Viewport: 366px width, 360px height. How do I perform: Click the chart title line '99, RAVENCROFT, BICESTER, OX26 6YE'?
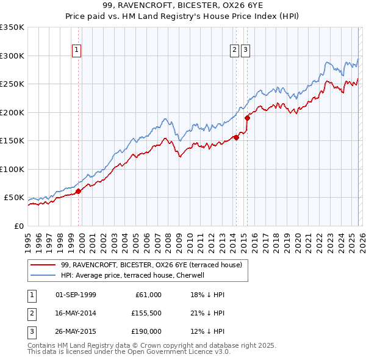coord(182,5)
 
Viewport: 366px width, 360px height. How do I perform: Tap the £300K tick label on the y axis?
coord(12,56)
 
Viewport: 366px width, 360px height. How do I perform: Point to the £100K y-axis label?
coord(12,169)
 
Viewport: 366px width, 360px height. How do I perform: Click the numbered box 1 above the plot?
coord(77,51)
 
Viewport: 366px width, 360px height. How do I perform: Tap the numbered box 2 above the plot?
coord(234,51)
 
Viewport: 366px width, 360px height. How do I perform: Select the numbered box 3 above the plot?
coord(245,51)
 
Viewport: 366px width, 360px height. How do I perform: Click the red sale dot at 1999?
coord(78,191)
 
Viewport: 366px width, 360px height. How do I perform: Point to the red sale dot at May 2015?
coord(247,118)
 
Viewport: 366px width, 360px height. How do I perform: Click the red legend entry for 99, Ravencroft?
coord(151,265)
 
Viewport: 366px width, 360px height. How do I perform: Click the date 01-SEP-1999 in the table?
coord(76,295)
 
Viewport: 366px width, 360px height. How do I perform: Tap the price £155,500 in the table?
coord(145,313)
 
